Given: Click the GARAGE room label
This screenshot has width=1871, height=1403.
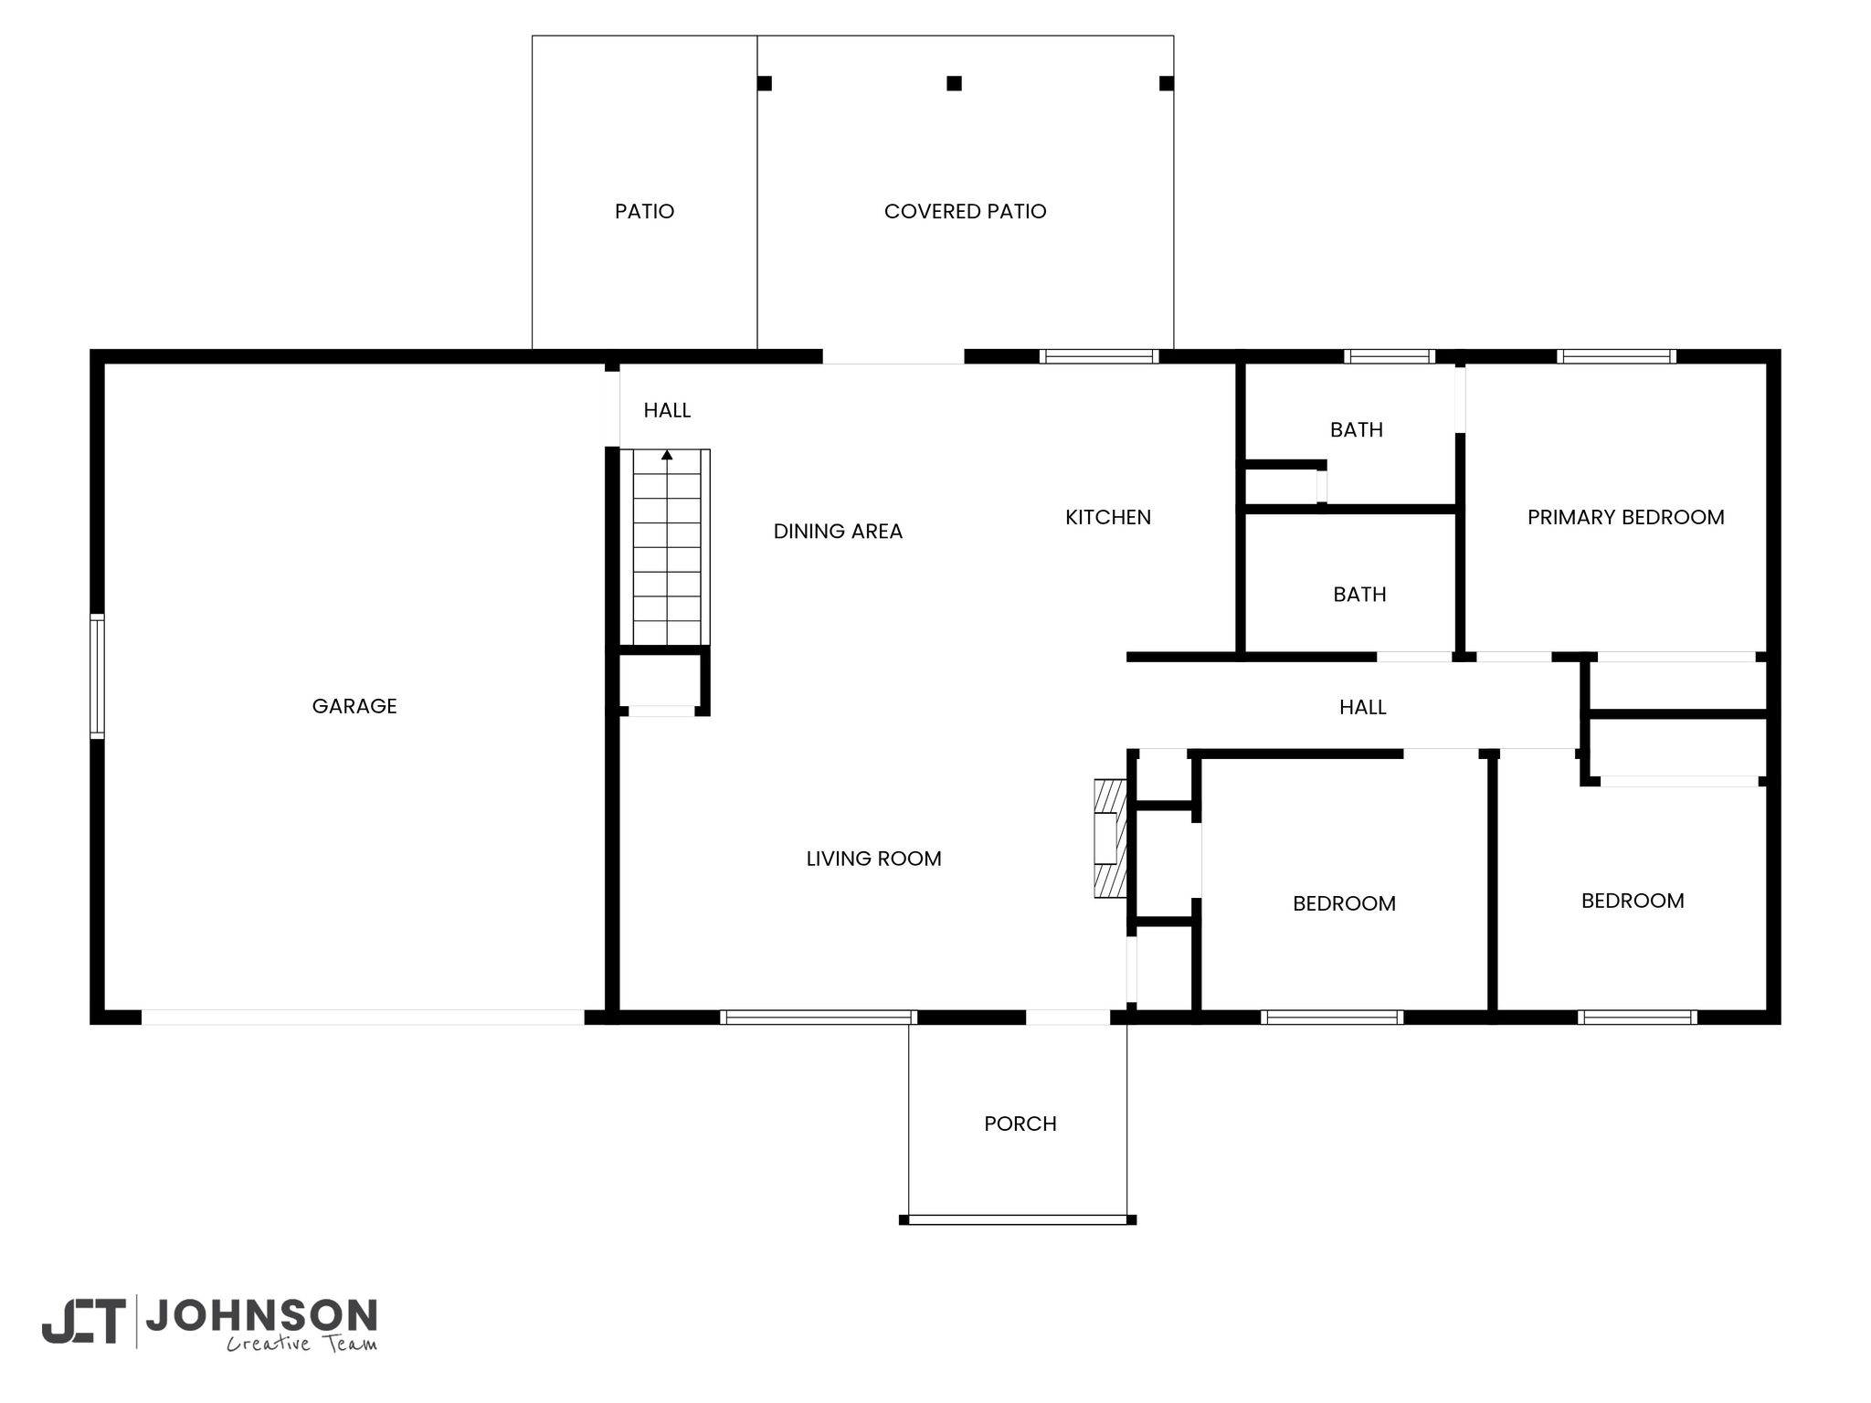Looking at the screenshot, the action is click(x=354, y=706).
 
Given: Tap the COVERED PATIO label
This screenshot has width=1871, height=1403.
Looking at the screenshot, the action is click(x=966, y=211).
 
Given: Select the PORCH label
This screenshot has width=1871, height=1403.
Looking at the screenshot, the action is click(x=1020, y=1123).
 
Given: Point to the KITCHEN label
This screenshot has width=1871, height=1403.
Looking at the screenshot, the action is click(x=1108, y=517).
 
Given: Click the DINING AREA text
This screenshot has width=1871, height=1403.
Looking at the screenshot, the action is click(x=838, y=531).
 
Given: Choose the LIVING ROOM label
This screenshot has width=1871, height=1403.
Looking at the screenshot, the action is click(x=874, y=859).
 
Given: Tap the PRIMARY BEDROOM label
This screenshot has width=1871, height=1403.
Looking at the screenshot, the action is click(x=1626, y=517).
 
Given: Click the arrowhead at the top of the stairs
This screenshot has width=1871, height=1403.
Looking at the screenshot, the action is click(x=667, y=454).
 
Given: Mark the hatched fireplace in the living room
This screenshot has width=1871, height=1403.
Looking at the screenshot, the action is click(x=1110, y=839).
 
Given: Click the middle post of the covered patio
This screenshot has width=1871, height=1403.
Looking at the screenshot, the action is click(x=955, y=83).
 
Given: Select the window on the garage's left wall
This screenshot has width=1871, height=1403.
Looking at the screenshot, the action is click(x=97, y=676).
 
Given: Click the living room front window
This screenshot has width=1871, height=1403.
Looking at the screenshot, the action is click(x=819, y=1017).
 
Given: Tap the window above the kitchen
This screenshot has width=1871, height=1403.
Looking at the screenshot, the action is click(x=1100, y=356).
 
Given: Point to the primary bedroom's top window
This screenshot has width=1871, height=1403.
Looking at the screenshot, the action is click(x=1617, y=356).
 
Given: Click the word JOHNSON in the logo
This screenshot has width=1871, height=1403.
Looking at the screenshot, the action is click(x=262, y=1315).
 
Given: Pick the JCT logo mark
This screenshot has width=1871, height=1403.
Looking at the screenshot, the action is click(x=83, y=1321).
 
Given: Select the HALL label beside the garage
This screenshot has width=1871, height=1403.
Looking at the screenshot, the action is click(x=667, y=410).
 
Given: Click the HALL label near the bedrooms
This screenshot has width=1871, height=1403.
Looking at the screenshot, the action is click(x=1363, y=707).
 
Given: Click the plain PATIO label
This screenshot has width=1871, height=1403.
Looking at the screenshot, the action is click(x=645, y=211).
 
